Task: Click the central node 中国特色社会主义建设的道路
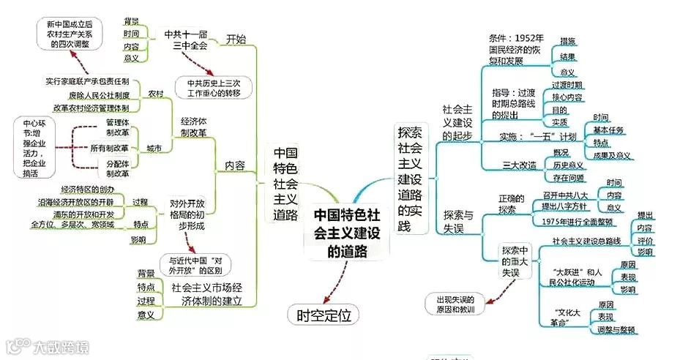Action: click(x=346, y=233)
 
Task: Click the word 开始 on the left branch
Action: click(x=236, y=39)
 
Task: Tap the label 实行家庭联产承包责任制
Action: click(x=87, y=81)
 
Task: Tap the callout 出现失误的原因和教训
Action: click(x=456, y=304)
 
